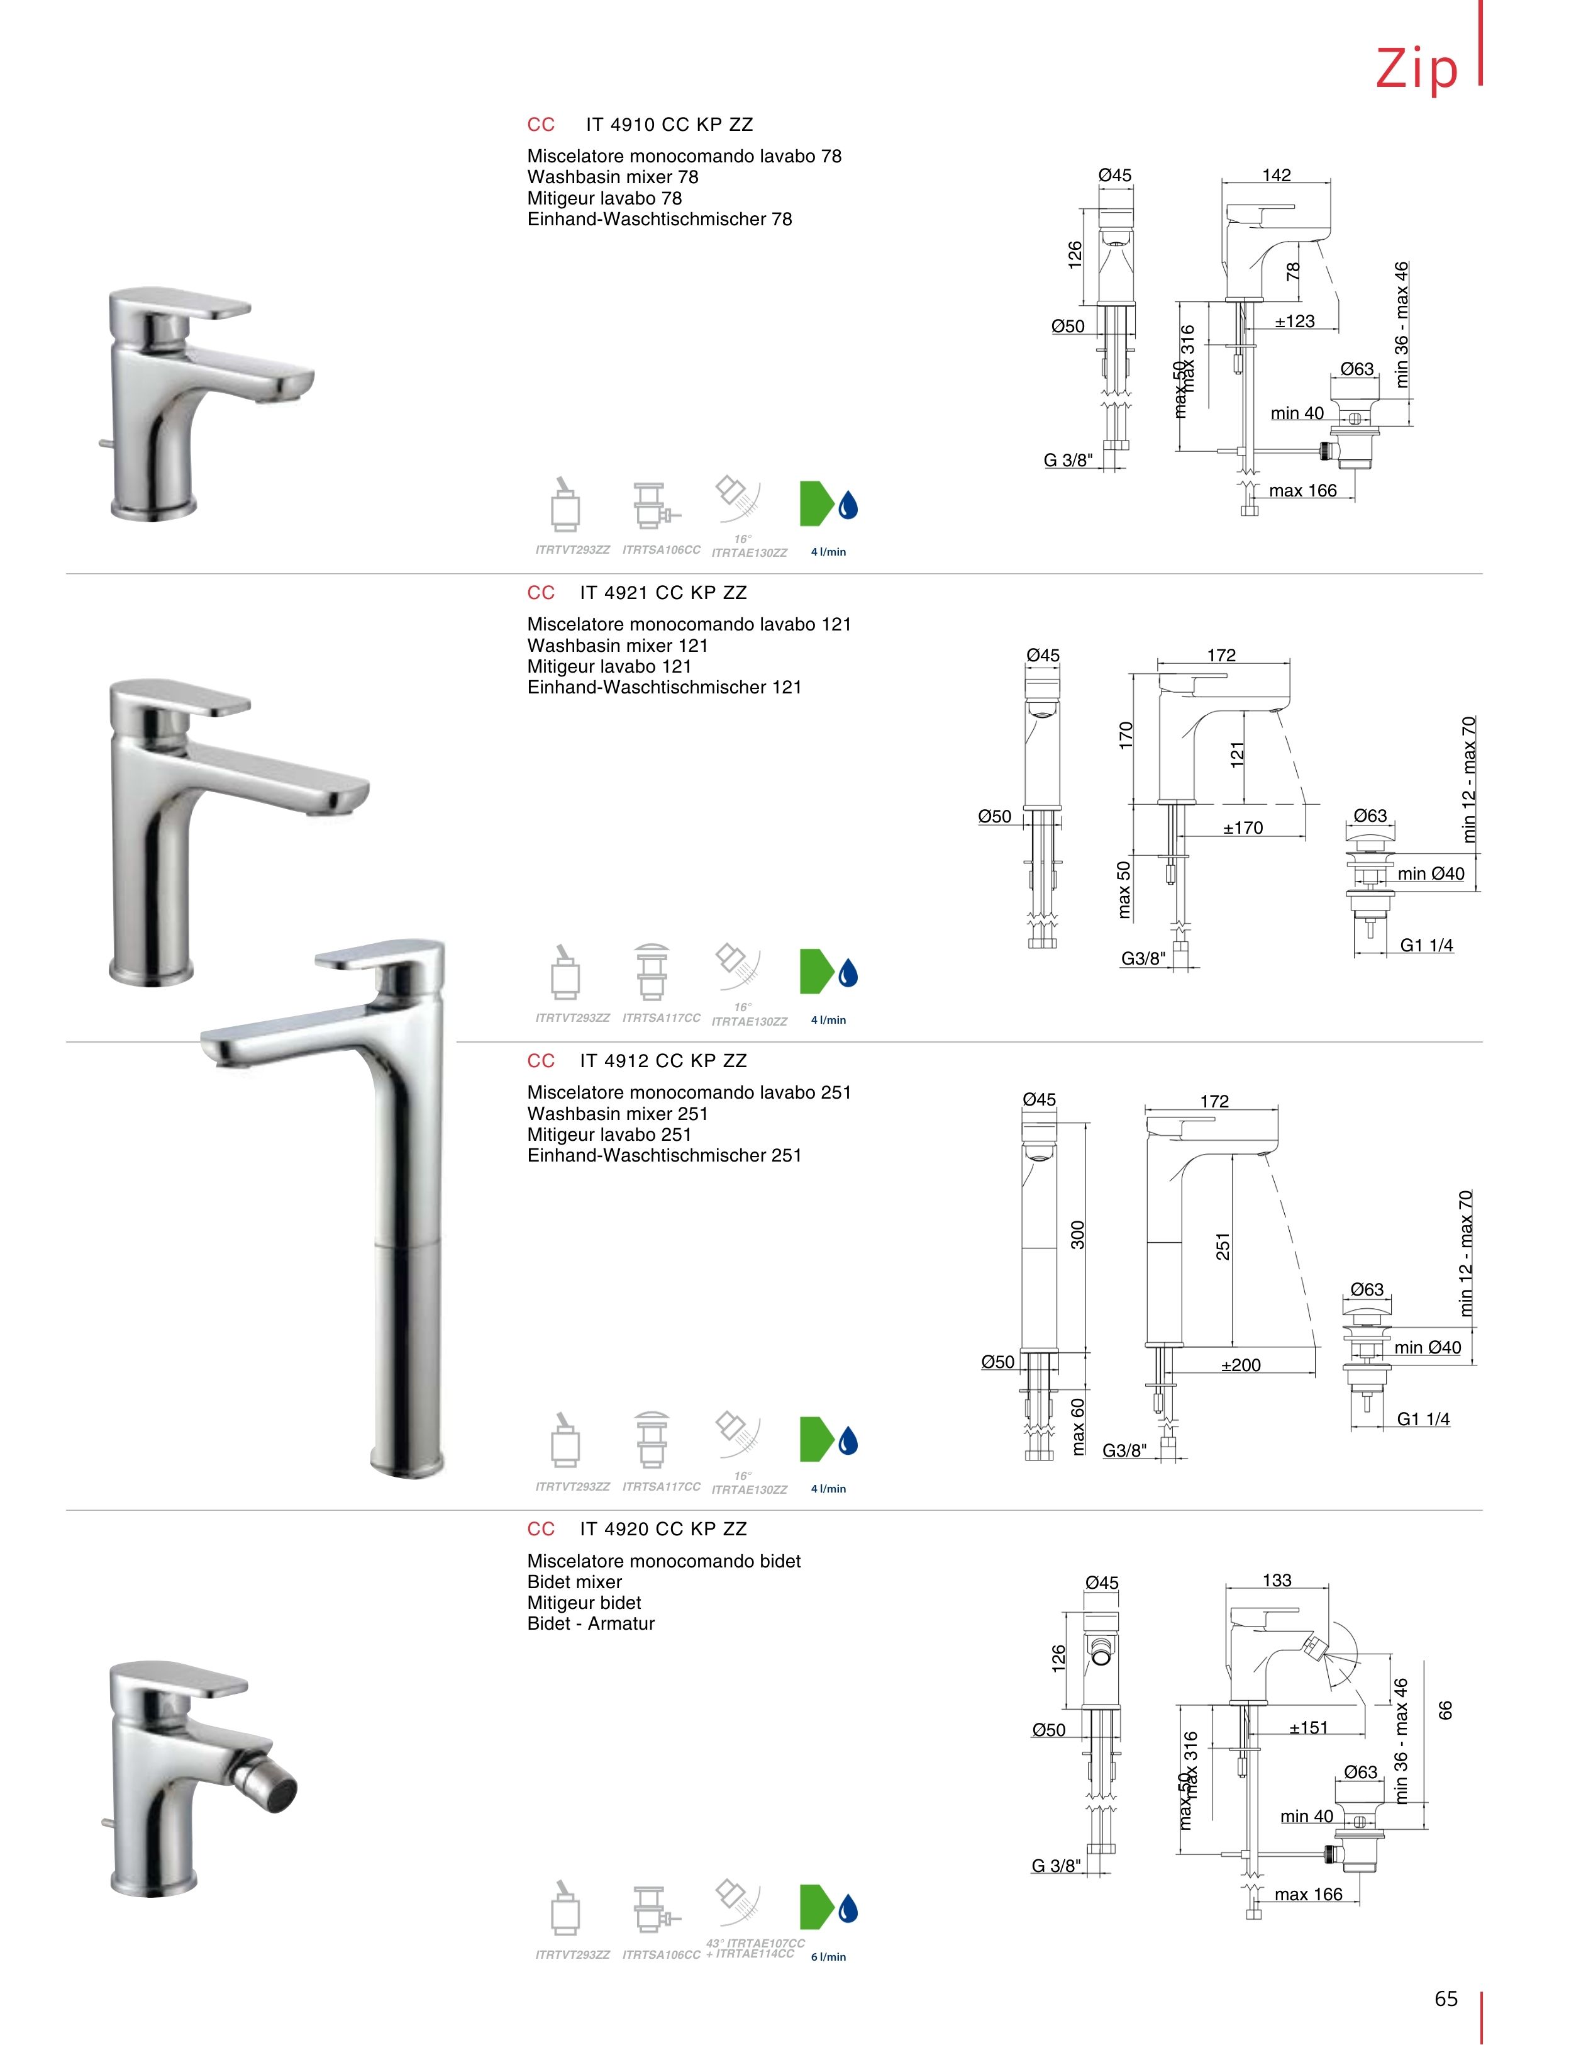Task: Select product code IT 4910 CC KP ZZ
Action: pyautogui.click(x=669, y=125)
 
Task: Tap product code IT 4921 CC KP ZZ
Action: pyautogui.click(x=663, y=593)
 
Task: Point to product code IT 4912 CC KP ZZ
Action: pyautogui.click(x=663, y=1061)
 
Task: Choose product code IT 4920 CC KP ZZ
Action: pyautogui.click(x=663, y=1529)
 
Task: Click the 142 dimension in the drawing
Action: pyautogui.click(x=1276, y=175)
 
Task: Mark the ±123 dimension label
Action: pyautogui.click(x=1295, y=321)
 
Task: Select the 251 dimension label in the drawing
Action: pyautogui.click(x=1223, y=1247)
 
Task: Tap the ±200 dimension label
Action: pyautogui.click(x=1241, y=1365)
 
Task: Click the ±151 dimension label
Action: pyautogui.click(x=1309, y=1728)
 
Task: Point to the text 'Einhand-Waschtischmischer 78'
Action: pyautogui.click(x=660, y=219)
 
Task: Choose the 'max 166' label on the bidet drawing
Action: pyautogui.click(x=1309, y=1894)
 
